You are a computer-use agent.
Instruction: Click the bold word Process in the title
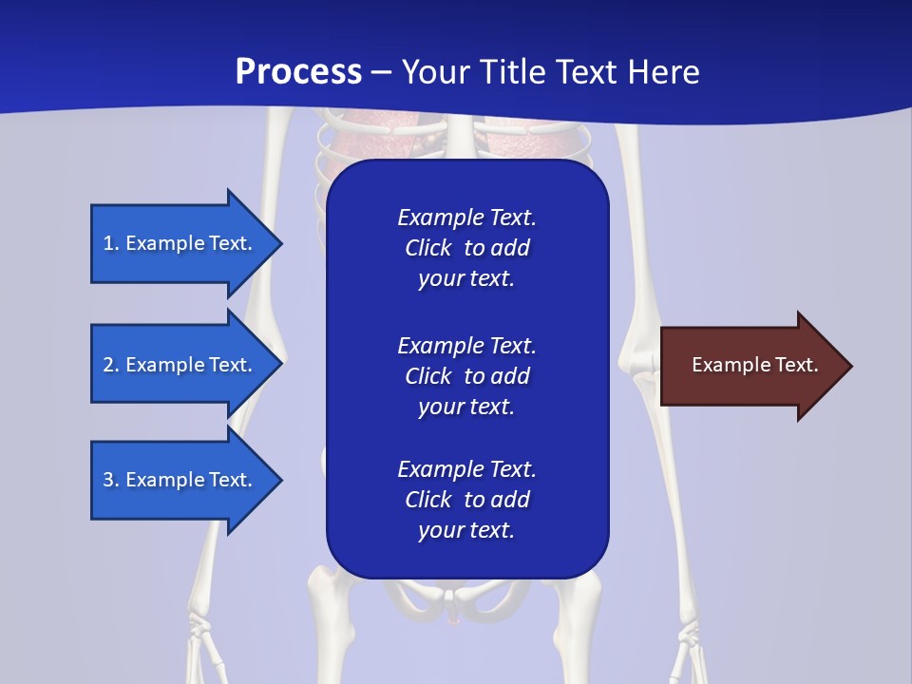tap(298, 72)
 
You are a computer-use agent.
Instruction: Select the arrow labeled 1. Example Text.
tap(178, 243)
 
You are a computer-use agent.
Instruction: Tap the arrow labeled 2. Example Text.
tap(178, 365)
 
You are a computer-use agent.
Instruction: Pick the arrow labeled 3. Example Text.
tap(178, 480)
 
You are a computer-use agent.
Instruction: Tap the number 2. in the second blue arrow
tap(111, 365)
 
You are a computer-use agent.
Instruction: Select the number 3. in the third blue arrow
tap(111, 480)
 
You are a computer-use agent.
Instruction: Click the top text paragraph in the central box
tap(466, 248)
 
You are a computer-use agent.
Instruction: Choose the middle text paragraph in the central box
tap(466, 376)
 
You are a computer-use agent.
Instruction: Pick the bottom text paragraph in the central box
tap(466, 500)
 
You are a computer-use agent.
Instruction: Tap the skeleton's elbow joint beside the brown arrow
tap(635, 361)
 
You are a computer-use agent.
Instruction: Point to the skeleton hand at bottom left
tap(201, 636)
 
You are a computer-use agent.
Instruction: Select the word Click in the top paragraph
tap(427, 248)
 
